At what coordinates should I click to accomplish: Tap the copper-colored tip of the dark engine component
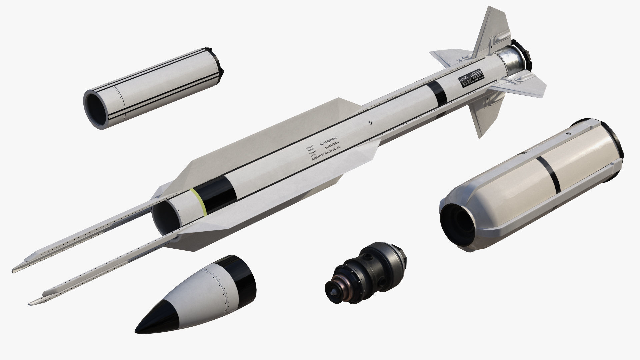(x=334, y=290)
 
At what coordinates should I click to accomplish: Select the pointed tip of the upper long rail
(x=15, y=269)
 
